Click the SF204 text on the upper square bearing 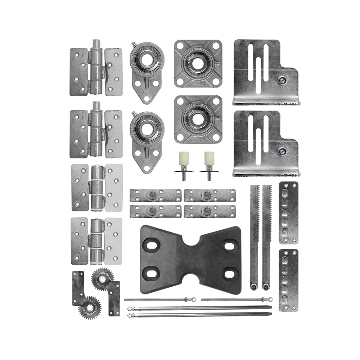(198, 83)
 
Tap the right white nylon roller (209, 158)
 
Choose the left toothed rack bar (255, 234)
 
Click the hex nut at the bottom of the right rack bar (266, 287)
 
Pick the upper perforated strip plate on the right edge (288, 212)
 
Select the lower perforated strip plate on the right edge (288, 280)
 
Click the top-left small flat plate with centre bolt (155, 195)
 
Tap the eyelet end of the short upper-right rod (270, 299)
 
